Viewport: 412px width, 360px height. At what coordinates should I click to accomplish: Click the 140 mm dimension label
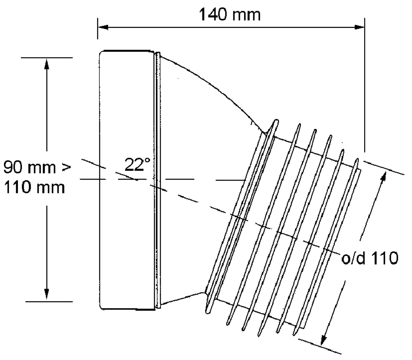(229, 14)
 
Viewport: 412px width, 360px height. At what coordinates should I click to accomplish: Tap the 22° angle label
(137, 165)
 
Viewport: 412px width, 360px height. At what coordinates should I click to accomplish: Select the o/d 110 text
(370, 258)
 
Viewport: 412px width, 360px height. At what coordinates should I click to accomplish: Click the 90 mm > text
(37, 167)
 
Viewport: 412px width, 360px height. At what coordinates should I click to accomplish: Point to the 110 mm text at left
(34, 188)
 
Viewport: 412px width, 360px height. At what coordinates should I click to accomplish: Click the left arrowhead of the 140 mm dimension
(103, 27)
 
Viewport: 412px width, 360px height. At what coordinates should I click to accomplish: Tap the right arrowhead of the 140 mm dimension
(359, 27)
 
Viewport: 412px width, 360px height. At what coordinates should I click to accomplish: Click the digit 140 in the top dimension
(212, 14)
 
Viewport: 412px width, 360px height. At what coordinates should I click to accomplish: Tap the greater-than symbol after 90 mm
(67, 167)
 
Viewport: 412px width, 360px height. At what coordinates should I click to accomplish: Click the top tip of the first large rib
(277, 121)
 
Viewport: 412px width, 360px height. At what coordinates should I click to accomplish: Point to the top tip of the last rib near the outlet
(357, 159)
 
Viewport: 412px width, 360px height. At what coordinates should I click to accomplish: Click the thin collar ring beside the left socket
(157, 180)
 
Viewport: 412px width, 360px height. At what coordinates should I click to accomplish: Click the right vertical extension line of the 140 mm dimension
(364, 85)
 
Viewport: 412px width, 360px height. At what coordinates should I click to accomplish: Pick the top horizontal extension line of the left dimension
(46, 58)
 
